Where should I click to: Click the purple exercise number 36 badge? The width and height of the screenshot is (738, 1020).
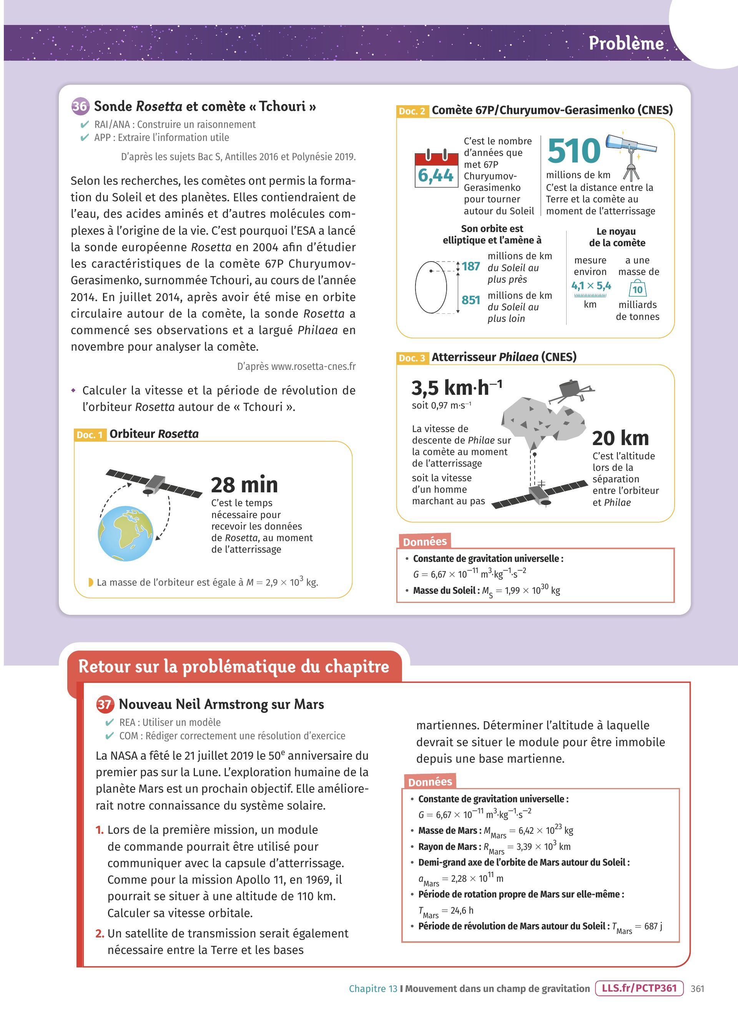(80, 106)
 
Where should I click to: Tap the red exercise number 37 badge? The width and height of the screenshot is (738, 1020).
(105, 704)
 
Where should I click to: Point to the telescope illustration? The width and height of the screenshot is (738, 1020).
(631, 151)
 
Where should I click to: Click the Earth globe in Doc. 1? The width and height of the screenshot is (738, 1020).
(126, 533)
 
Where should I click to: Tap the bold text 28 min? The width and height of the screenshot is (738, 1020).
(244, 485)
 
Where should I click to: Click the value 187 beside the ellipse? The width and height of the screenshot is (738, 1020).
(471, 266)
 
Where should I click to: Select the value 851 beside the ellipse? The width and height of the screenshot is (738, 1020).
(471, 300)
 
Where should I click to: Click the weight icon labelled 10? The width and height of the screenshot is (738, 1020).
(637, 288)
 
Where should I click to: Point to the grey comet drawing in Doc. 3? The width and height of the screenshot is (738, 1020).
(542, 421)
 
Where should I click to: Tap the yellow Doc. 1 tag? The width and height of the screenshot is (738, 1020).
(90, 435)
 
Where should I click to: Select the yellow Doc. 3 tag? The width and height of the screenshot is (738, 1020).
(412, 358)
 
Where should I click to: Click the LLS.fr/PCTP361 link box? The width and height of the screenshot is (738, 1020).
(639, 988)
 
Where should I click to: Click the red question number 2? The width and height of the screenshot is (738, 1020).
(100, 933)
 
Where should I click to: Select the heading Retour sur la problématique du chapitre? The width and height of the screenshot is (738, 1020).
(234, 666)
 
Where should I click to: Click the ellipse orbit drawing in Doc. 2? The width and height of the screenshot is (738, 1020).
(430, 287)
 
